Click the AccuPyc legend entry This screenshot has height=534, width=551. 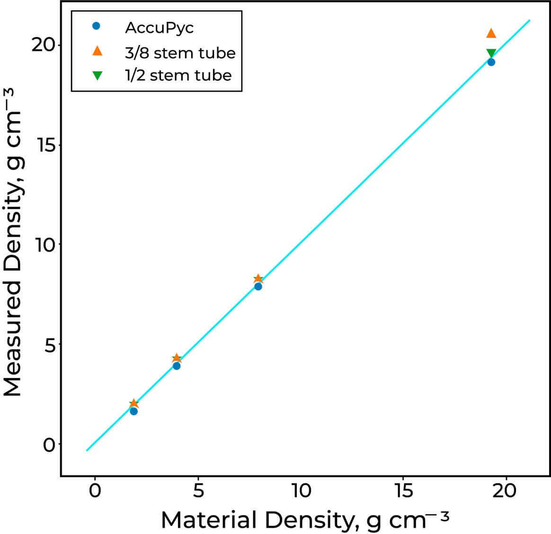click(x=159, y=27)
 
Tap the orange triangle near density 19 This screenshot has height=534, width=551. click(x=491, y=33)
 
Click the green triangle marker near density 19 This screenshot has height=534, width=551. click(x=491, y=53)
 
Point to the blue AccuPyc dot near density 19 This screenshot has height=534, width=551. click(x=491, y=62)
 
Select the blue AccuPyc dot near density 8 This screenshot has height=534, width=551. click(x=258, y=286)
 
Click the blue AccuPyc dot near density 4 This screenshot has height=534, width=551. click(x=177, y=366)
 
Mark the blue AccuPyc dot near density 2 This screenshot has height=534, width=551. click(x=133, y=411)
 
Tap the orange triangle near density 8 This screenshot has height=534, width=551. click(x=258, y=279)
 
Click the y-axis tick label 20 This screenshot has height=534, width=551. click(x=44, y=45)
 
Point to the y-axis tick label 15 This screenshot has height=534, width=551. click(x=44, y=145)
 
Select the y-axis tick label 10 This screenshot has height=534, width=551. click(x=44, y=245)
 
